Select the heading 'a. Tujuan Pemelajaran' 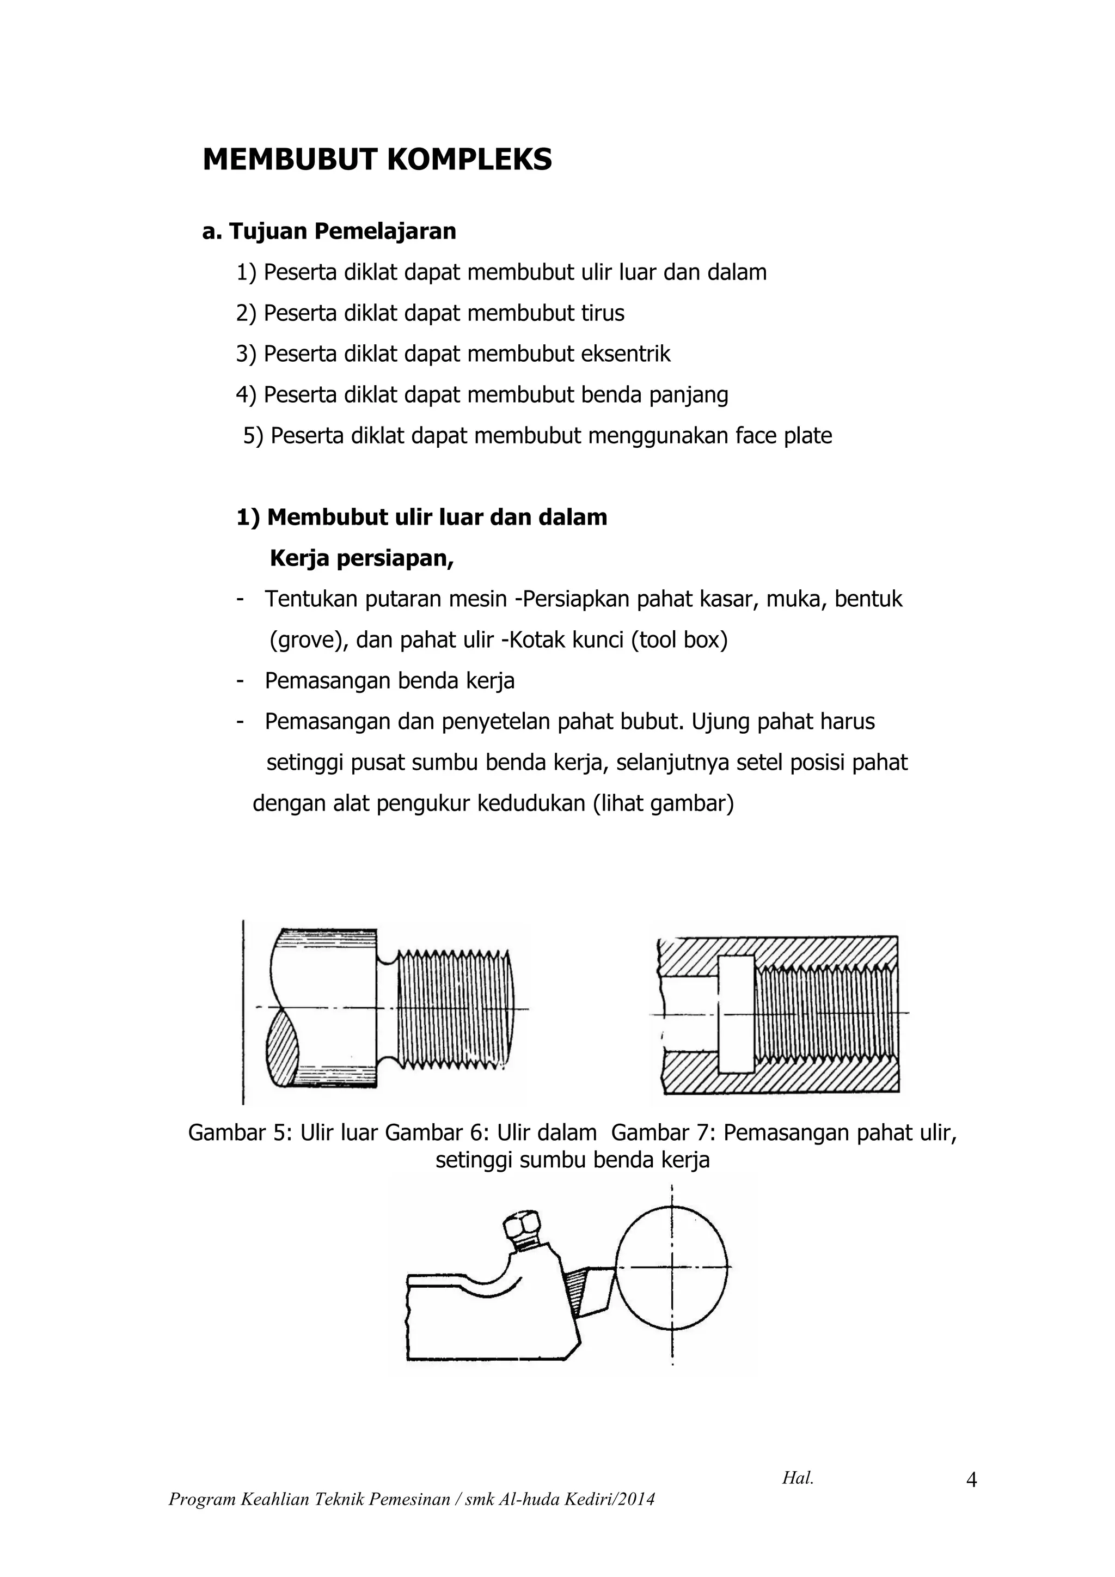click(329, 232)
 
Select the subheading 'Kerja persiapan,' click(362, 558)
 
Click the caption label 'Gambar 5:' click(241, 1132)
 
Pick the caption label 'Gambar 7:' click(663, 1132)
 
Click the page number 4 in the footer click(971, 1479)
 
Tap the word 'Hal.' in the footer click(797, 1478)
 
